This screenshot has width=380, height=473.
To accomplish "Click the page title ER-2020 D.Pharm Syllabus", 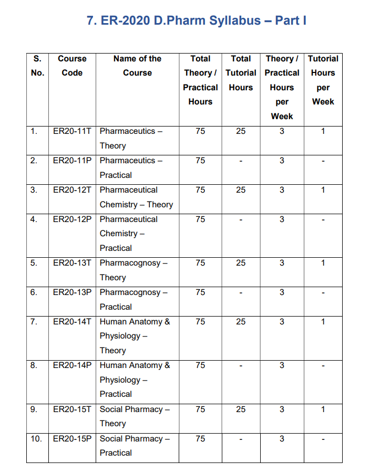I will [196, 20].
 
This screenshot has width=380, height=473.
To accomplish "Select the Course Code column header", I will [72, 66].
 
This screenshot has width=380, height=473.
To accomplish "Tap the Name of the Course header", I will [137, 66].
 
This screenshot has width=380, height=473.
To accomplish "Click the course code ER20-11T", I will [72, 131].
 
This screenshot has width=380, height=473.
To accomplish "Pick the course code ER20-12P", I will [72, 219].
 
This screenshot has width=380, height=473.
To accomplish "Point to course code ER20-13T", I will [72, 263].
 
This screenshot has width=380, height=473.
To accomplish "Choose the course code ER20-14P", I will [72, 365].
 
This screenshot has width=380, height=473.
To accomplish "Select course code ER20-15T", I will [72, 409].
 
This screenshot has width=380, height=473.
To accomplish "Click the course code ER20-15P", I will [72, 438].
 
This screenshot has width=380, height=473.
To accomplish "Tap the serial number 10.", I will [36, 438].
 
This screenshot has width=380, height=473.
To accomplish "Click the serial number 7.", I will [34, 321].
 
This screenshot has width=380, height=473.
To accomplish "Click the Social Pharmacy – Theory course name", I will [133, 416].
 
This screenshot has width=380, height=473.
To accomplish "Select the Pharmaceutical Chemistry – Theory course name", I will [136, 197].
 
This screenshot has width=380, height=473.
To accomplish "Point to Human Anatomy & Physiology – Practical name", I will [135, 380].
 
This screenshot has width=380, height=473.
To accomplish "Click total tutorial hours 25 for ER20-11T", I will [241, 131].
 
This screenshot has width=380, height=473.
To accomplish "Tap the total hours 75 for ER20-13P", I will [200, 292].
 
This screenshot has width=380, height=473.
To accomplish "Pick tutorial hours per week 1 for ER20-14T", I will [323, 321].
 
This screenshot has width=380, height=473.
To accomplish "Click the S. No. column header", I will [37, 66].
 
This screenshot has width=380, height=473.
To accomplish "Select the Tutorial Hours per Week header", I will [323, 80].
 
